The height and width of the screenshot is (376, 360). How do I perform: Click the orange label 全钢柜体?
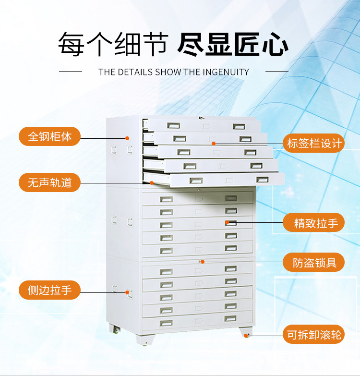49,136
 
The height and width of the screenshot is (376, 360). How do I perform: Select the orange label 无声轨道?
49,182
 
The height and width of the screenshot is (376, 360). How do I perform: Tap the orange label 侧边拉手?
49,290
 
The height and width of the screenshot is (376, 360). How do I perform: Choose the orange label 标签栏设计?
314,143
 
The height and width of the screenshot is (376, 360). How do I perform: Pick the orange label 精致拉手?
314,222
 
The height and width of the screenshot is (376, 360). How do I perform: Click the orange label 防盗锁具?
314,262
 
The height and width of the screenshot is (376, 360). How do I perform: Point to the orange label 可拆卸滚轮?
314,334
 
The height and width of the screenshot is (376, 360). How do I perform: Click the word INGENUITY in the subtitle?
226,72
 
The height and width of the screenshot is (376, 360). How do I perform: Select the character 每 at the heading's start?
71,45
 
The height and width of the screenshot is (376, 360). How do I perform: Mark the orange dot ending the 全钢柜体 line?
127,138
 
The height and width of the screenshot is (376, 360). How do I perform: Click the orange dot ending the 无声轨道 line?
152,183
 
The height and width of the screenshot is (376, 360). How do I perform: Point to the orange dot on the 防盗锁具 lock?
203,262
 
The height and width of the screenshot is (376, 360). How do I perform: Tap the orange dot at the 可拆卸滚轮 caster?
246,336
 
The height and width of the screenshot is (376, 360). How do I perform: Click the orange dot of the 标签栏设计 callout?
214,144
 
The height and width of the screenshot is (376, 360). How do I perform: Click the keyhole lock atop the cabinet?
201,118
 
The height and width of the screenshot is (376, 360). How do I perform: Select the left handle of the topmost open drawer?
174,125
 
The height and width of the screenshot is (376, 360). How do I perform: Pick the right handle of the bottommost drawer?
230,318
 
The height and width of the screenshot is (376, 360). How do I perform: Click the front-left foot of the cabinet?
144,340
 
